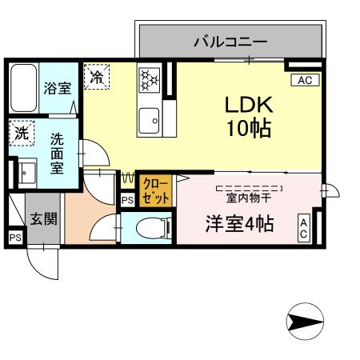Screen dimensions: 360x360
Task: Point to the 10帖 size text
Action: [248, 128]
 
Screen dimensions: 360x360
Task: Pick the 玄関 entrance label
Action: [44, 218]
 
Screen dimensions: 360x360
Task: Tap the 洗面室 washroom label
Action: [58, 151]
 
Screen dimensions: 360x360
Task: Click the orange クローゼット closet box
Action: [150, 190]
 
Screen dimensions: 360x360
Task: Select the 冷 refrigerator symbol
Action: [97, 78]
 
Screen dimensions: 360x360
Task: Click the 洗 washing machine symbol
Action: [22, 134]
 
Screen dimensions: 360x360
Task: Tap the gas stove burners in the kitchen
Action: [149, 79]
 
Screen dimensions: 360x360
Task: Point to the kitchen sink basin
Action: [149, 122]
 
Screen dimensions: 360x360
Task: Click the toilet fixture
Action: [152, 228]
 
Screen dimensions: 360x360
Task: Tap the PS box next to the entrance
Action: [15, 238]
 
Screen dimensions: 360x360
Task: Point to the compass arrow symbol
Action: [305, 322]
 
